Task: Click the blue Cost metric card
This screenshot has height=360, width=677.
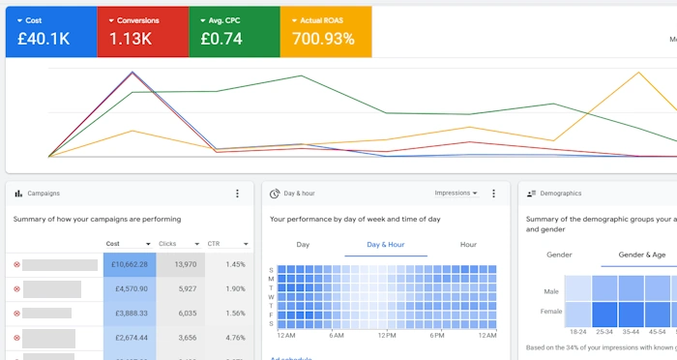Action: (50, 32)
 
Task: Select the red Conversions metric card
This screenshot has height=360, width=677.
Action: (142, 32)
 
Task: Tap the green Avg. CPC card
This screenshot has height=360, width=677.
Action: (233, 32)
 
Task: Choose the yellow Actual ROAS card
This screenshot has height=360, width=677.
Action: (325, 32)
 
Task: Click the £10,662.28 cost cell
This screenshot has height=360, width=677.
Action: (129, 264)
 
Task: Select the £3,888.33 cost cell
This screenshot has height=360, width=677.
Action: (129, 314)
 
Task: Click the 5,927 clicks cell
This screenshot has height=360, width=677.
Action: (181, 288)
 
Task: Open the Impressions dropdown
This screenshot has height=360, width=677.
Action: (456, 194)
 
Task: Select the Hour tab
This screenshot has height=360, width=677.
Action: (468, 245)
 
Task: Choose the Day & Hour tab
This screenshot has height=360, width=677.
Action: (386, 245)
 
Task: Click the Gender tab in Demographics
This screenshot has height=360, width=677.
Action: (559, 255)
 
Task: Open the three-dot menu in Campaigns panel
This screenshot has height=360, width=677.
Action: (238, 194)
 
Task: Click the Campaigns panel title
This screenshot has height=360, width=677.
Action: (44, 194)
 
